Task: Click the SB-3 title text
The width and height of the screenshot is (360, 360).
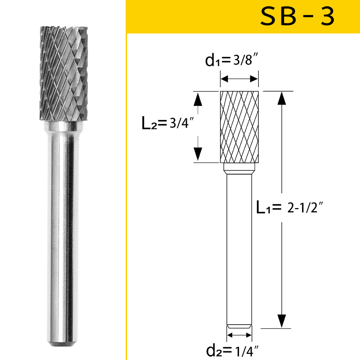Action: [297, 17]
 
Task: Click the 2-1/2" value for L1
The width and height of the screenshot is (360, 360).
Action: [306, 208]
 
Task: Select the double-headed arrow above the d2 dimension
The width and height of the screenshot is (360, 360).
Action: [239, 335]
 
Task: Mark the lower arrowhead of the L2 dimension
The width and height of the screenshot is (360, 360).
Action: [197, 154]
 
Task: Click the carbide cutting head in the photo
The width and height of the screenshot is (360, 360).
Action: [63, 74]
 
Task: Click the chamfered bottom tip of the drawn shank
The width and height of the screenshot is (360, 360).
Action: [239, 327]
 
